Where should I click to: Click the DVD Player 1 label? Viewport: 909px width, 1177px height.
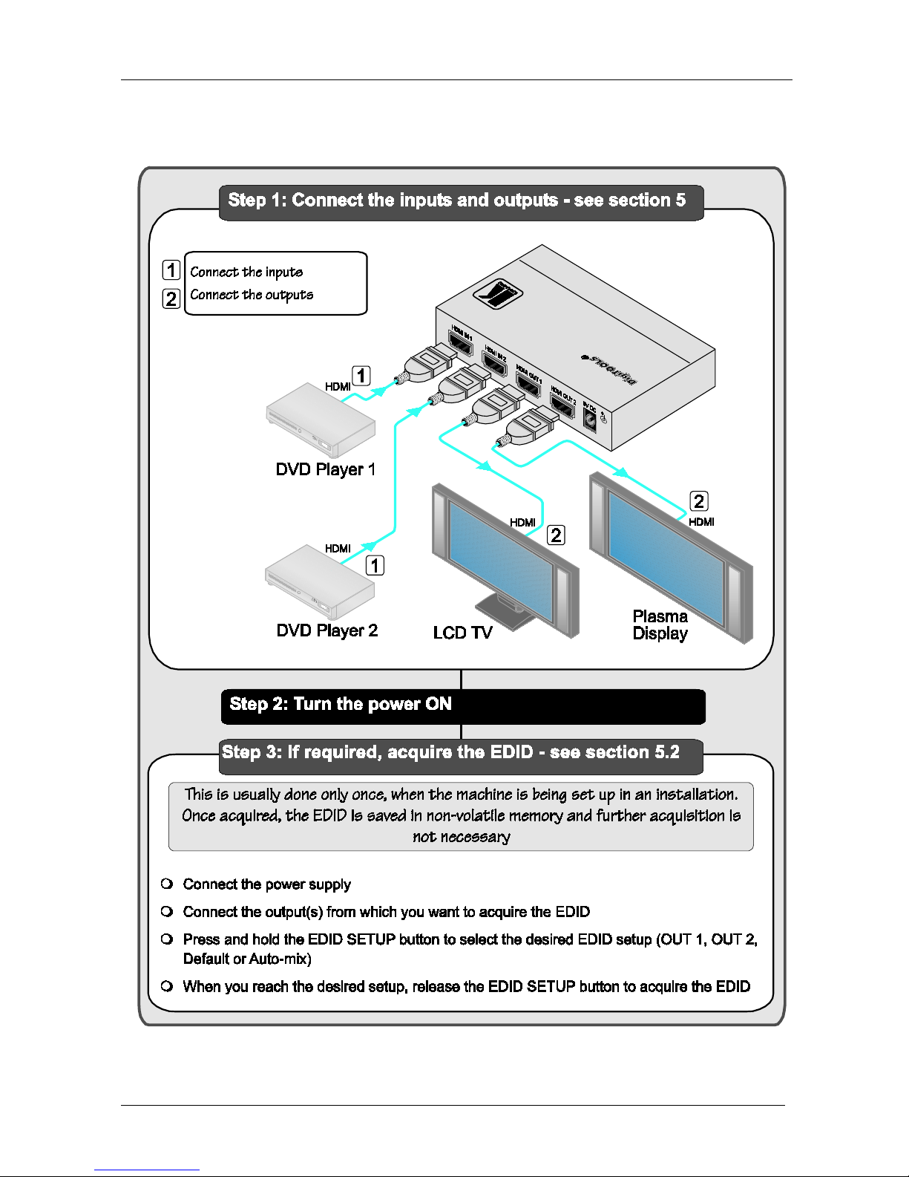coord(325,469)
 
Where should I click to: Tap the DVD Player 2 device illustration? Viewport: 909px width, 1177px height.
coord(320,582)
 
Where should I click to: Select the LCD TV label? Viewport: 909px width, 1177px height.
coord(462,633)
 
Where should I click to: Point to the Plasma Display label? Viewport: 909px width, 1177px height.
coord(660,625)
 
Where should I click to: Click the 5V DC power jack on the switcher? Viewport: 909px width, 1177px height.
coord(591,421)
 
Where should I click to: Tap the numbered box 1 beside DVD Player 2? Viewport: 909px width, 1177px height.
coord(375,565)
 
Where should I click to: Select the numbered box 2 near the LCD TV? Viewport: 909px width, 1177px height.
coord(556,535)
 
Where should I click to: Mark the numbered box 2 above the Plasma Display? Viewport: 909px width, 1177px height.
coord(699,501)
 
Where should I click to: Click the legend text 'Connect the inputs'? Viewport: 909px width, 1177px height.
coord(246,272)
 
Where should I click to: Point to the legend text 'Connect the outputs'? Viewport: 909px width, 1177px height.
coord(252,295)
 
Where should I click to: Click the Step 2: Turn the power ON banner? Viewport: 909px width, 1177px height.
coord(462,706)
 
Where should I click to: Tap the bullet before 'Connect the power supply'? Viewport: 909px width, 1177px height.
coord(167,884)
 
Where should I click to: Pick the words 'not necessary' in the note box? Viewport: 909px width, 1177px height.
coord(461,837)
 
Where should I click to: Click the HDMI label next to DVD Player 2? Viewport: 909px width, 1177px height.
coord(338,549)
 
